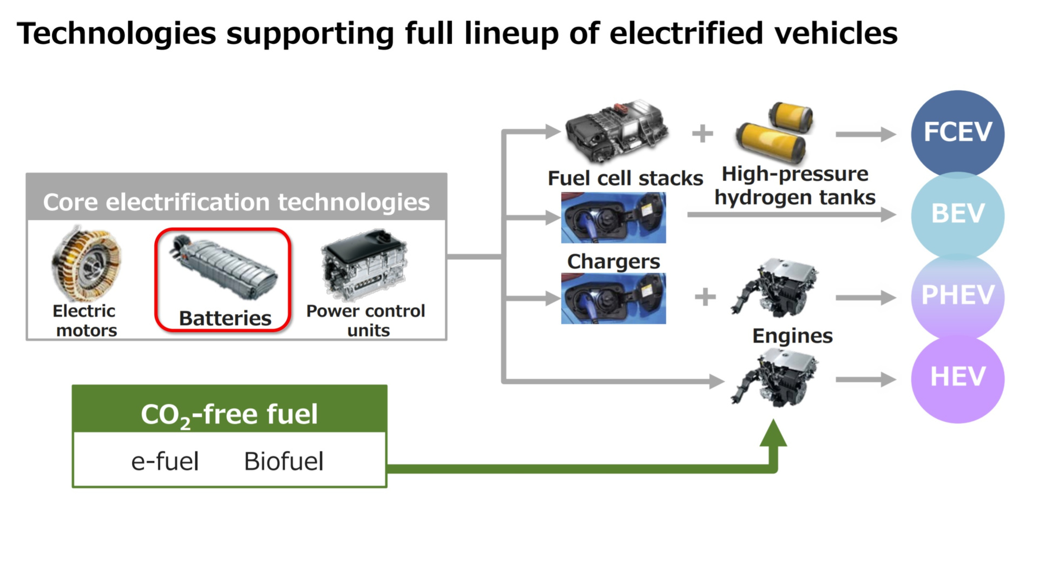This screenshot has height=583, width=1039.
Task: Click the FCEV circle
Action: tap(957, 132)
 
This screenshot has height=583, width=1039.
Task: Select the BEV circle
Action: tap(957, 214)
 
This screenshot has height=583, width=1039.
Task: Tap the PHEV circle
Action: tap(957, 296)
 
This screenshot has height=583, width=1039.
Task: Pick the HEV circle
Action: tap(957, 377)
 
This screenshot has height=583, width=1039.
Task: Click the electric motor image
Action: tap(87, 264)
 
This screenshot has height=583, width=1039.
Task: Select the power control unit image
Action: tap(364, 264)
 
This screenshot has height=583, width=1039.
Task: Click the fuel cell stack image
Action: tap(616, 131)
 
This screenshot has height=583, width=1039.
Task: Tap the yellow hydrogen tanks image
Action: tap(774, 133)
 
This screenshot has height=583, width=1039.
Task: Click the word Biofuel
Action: tap(284, 462)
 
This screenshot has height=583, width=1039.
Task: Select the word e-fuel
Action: tap(165, 462)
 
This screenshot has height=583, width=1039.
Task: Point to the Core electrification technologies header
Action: tap(236, 202)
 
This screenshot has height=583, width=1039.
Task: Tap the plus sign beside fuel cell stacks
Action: tap(702, 134)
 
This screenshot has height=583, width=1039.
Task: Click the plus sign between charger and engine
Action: tap(705, 297)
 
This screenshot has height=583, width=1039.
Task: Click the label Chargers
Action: tap(613, 262)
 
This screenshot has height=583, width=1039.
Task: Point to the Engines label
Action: tap(792, 336)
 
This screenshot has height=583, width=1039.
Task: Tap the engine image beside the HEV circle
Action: tap(774, 379)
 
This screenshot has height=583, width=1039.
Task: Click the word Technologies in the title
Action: tap(116, 34)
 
